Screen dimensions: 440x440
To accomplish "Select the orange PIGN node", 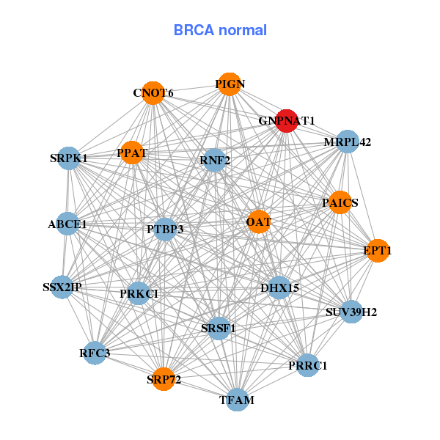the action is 230,84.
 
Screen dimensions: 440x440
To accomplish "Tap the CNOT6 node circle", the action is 153,93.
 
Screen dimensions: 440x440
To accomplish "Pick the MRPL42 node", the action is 347,142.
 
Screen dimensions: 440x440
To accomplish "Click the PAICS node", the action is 340,202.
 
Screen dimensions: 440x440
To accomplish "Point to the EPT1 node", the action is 377,251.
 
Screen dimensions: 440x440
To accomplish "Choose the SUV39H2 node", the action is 351,312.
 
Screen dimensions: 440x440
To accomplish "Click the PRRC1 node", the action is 309,365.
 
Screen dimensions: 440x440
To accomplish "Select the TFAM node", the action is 237,400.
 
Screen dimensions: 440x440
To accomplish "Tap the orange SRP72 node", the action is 164,379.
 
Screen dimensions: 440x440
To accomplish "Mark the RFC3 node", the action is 95,353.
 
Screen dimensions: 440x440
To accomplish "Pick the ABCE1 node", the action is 67,224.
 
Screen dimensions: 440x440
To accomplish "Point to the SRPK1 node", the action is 69,158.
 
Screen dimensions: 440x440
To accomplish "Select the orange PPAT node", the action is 131,153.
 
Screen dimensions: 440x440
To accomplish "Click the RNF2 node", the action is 215,160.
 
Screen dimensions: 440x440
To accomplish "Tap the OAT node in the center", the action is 259,221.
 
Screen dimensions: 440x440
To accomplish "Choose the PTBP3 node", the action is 165,230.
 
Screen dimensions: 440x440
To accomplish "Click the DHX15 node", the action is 279,287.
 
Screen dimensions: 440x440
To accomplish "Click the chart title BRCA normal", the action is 220,30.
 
